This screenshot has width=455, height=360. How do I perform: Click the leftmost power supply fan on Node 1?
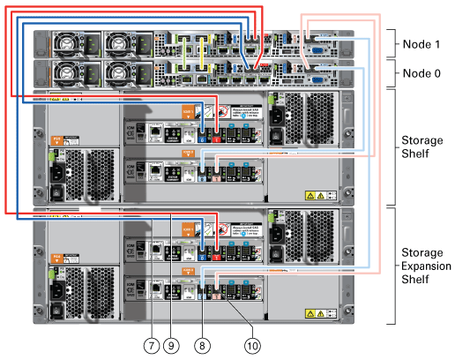coord(68,43)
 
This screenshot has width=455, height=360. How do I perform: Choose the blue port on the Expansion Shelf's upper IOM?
coord(202,252)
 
